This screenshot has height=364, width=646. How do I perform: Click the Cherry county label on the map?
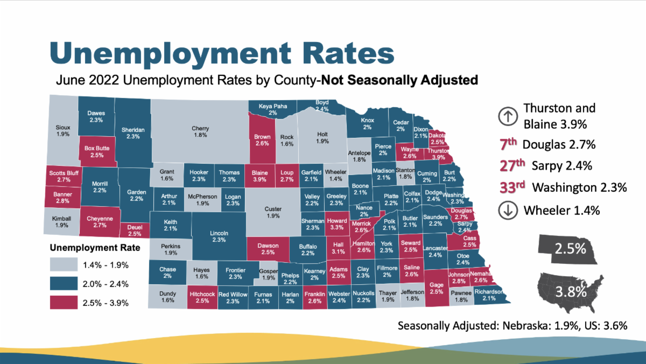(200, 132)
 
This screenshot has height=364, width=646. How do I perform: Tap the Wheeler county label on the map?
(336, 176)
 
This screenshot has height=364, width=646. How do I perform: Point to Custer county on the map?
(273, 212)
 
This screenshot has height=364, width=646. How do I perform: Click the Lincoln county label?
(219, 236)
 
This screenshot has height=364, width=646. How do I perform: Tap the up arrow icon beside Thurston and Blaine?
(507, 116)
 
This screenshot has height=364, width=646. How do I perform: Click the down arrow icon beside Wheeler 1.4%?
(507, 210)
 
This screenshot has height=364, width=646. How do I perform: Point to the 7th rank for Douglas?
(509, 144)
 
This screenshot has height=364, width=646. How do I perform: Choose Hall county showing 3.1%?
(338, 248)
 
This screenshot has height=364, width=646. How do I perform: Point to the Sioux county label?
(63, 131)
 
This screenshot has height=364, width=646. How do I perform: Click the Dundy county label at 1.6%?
(167, 297)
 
